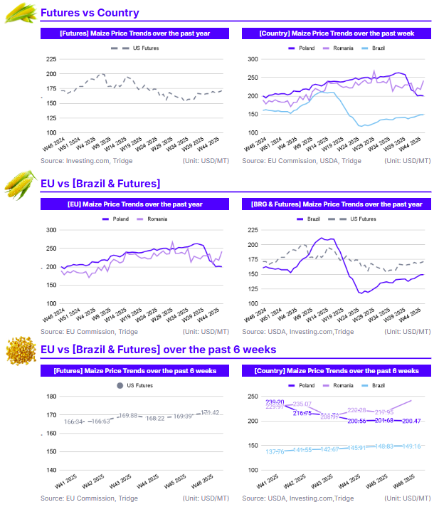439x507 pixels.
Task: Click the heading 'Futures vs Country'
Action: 90,13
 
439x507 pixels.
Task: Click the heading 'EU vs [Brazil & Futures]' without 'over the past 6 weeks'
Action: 100,184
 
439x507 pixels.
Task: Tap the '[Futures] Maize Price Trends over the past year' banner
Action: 134,33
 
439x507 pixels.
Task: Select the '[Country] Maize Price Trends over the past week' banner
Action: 337,33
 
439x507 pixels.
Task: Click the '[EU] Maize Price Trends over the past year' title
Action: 134,204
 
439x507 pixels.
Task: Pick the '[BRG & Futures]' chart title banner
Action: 337,204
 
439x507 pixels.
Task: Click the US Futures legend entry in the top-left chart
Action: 135,48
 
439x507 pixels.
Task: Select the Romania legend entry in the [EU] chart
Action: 152,219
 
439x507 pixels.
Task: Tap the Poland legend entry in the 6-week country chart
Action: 300,385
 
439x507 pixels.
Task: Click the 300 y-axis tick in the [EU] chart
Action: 51,230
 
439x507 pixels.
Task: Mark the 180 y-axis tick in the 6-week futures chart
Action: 51,397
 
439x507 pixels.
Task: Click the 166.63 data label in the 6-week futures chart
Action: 101,422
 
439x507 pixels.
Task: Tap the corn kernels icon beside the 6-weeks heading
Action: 20,350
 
